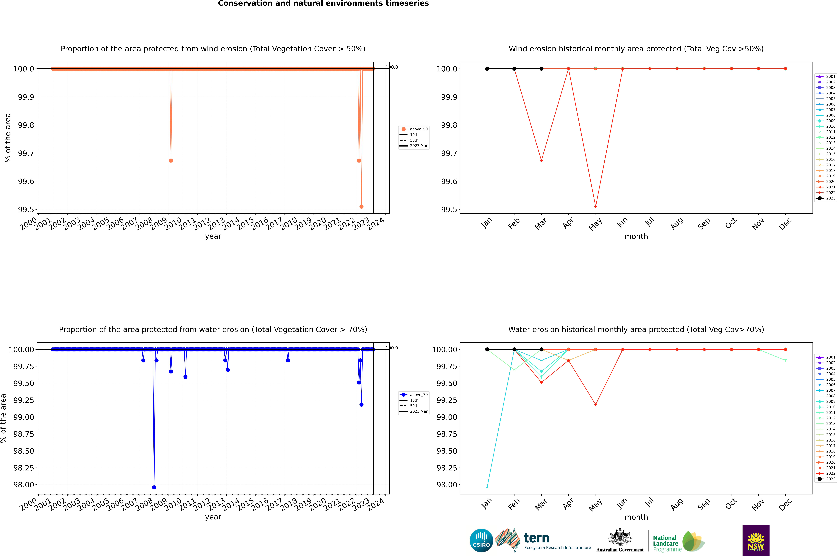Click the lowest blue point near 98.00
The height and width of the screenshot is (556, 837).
pos(154,487)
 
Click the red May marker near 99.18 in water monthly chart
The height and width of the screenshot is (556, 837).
pos(595,405)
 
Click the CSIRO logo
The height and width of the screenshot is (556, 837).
pos(481,540)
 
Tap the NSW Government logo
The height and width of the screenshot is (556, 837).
pos(756,540)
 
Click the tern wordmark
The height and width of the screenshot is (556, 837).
pos(536,538)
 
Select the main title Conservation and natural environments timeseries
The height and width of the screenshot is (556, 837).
pos(323,4)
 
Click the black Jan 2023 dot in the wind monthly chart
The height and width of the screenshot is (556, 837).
pos(487,69)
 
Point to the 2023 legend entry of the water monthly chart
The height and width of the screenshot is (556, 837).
pos(827,479)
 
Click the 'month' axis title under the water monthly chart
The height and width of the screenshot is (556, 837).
pos(636,517)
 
